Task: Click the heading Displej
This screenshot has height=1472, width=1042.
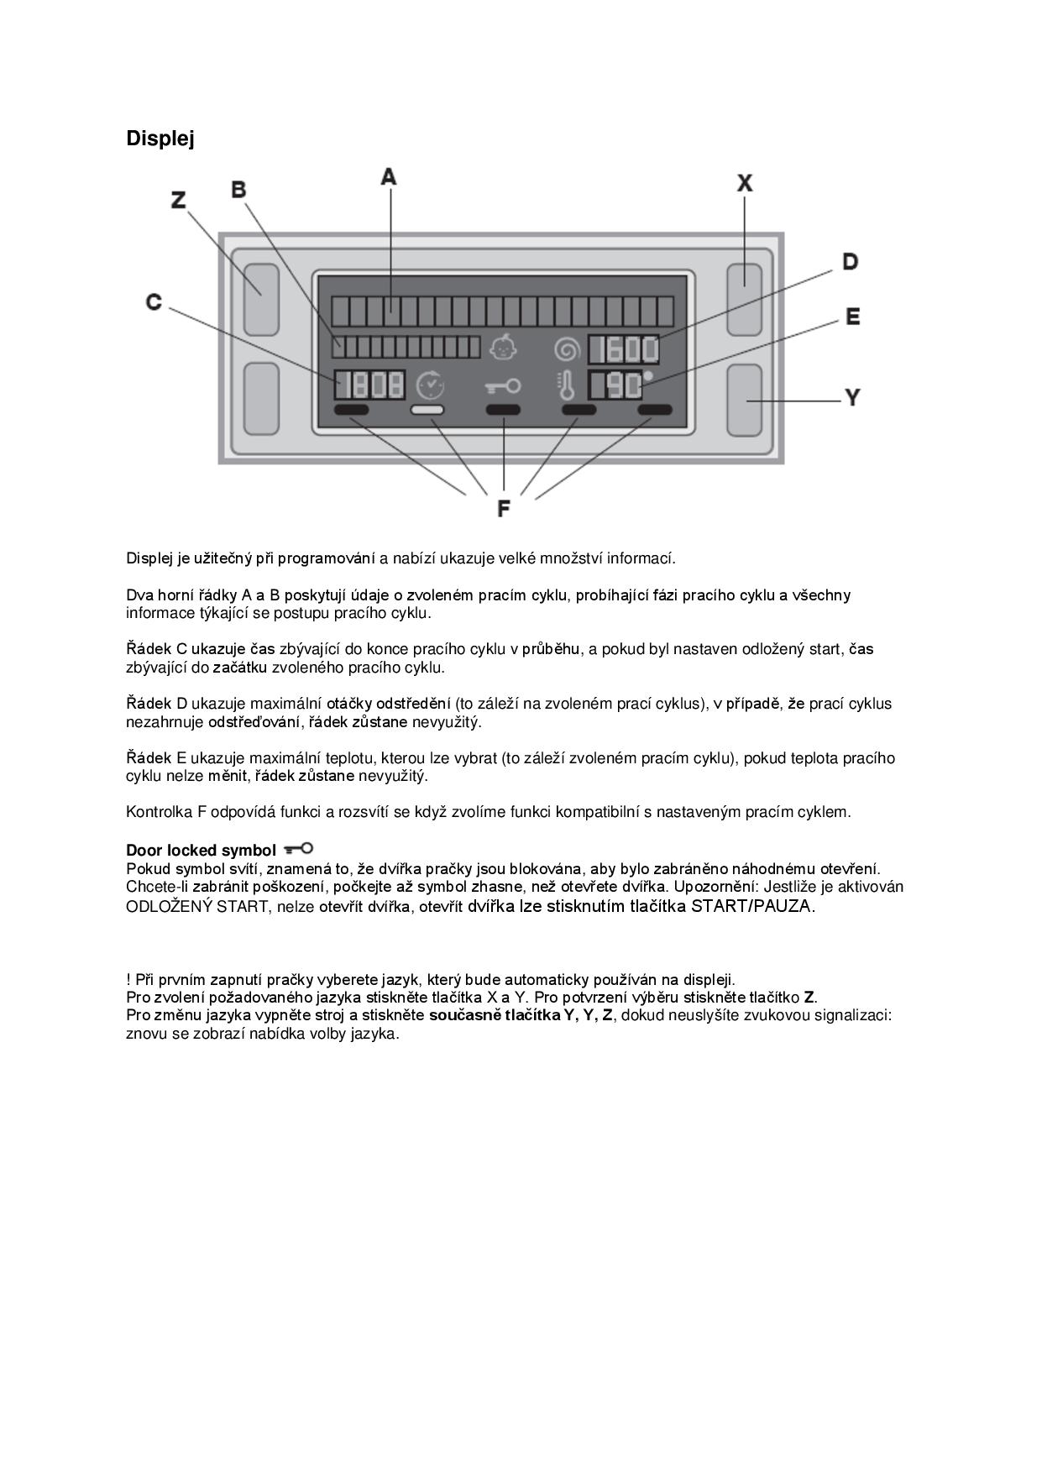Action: pos(160,139)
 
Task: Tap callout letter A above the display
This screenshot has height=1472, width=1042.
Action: pos(388,177)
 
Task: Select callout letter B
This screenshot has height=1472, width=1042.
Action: pos(239,190)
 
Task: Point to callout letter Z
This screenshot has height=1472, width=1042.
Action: pos(179,201)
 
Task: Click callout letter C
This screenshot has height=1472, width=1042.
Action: pos(154,302)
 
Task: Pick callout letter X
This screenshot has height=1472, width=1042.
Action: pos(745,182)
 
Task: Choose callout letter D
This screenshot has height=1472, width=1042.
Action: pos(851,262)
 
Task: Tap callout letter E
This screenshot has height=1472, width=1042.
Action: pos(852,317)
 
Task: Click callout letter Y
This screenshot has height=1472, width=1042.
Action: pos(852,397)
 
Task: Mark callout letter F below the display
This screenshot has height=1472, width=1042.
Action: pos(503,509)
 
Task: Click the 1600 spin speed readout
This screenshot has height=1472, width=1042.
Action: pos(624,349)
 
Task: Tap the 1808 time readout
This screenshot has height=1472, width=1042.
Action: pos(369,385)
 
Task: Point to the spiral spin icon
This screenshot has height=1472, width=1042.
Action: pos(567,348)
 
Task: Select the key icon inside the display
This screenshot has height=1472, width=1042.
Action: pos(503,386)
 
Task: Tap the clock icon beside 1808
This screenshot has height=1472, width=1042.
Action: pos(431,385)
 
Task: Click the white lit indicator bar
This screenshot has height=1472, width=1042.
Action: pos(427,411)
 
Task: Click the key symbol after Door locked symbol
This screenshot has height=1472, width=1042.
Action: pos(299,850)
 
